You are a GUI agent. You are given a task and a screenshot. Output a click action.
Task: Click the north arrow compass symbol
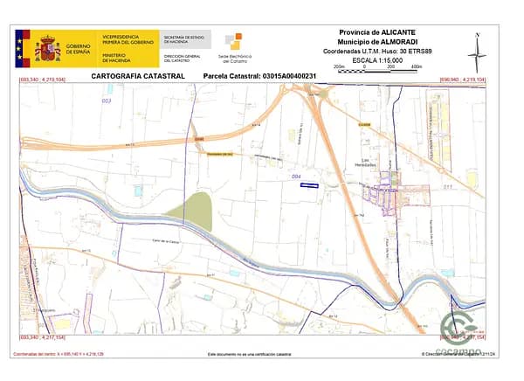[x=477, y=53]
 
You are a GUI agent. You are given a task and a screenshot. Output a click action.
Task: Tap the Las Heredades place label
[x=374, y=163]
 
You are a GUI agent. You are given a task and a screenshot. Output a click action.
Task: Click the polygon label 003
[x=107, y=101]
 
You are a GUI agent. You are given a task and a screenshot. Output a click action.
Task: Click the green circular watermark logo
[x=456, y=329]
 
